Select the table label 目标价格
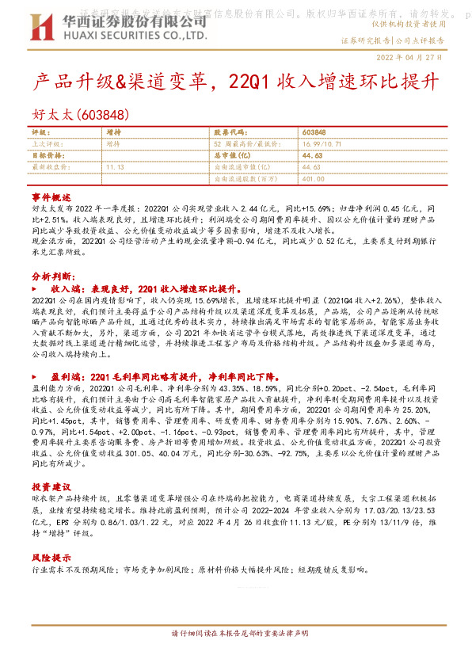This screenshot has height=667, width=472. pos(48,156)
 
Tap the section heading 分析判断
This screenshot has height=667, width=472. pos(51,276)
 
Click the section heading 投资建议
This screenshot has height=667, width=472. pos(51,485)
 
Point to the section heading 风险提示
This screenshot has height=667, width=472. pos(51,557)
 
